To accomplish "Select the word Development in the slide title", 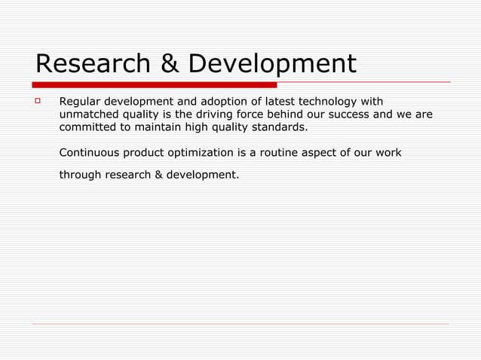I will point(272,64).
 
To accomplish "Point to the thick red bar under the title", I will point(155,84).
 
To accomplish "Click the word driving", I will point(216,114).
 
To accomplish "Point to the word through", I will point(80,175).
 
